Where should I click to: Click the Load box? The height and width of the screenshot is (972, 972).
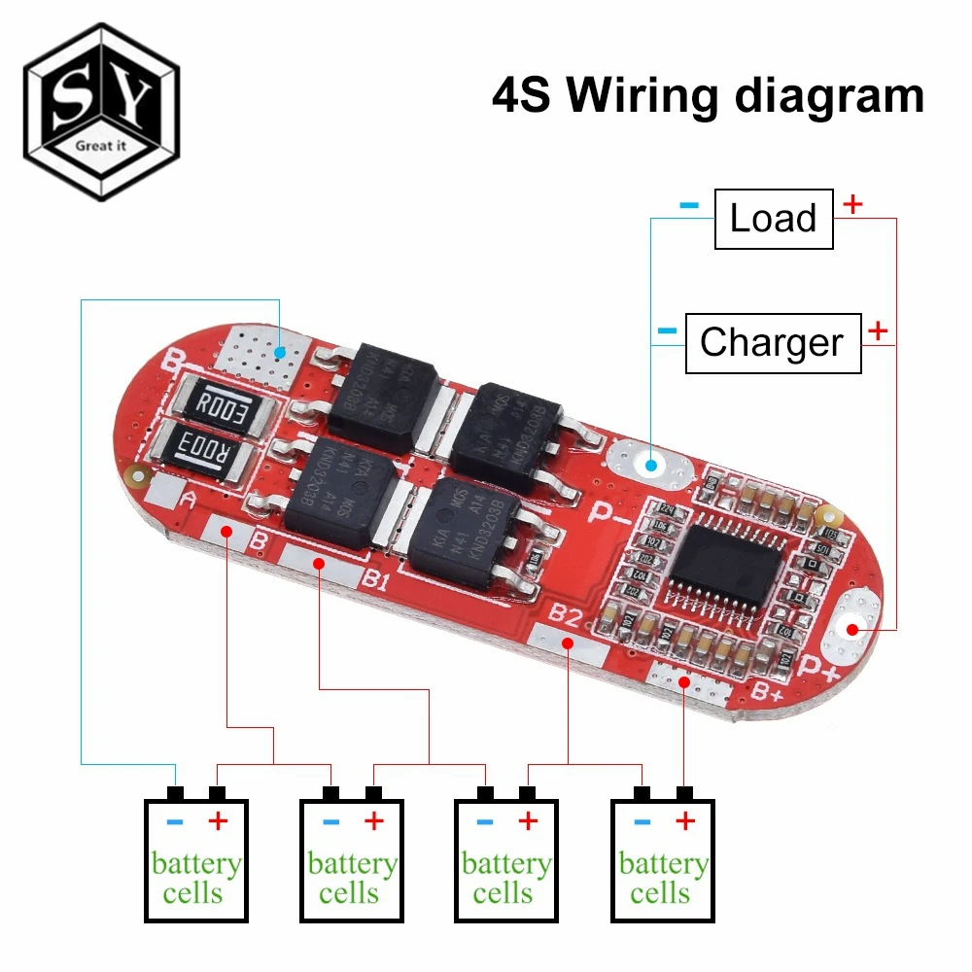[774, 219]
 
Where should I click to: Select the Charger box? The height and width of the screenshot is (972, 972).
[773, 343]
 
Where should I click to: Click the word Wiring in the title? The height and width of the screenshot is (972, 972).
[660, 96]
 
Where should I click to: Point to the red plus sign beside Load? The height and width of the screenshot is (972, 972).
[852, 204]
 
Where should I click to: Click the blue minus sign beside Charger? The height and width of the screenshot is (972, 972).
[667, 330]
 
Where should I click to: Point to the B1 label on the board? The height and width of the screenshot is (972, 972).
[375, 583]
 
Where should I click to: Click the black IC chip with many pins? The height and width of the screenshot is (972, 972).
[723, 562]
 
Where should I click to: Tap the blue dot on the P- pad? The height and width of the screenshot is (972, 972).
[650, 467]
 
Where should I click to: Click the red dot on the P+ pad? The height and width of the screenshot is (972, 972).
[853, 629]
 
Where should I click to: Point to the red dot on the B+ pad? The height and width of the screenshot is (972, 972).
[685, 682]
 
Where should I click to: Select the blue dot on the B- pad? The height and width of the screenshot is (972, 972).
[280, 352]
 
